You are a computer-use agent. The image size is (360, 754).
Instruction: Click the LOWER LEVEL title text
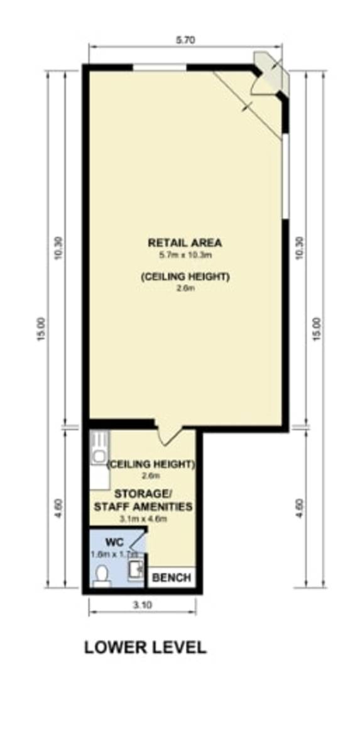click(145, 647)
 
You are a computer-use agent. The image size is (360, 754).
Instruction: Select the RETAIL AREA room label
click(185, 242)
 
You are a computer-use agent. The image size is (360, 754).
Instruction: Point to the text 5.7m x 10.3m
click(185, 255)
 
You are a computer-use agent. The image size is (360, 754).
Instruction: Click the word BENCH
click(172, 577)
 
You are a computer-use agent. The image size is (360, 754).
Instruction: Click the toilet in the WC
click(102, 574)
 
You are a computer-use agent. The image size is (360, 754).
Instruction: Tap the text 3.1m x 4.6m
click(143, 519)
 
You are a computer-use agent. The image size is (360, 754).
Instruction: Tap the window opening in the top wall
click(160, 67)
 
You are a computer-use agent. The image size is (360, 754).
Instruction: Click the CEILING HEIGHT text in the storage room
click(151, 465)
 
